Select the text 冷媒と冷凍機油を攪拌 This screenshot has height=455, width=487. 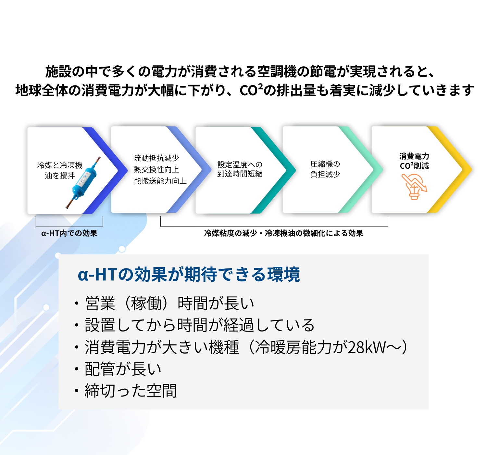click(60, 170)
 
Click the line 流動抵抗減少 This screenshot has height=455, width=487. click(156, 158)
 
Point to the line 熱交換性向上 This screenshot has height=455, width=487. click(156, 170)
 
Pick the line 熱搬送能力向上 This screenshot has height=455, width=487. click(160, 181)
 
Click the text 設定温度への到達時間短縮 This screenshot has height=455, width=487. click(240, 169)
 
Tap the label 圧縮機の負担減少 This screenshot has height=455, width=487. click(325, 169)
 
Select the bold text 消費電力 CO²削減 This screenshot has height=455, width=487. click(414, 161)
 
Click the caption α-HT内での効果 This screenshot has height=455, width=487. click(69, 233)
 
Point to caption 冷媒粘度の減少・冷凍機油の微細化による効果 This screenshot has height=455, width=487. click(283, 233)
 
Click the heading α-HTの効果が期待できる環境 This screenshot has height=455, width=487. click(189, 275)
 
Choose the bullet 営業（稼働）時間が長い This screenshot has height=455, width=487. click(169, 304)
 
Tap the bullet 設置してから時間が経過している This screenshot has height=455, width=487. click(199, 325)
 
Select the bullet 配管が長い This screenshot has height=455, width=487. click(123, 369)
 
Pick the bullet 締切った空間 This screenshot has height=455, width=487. click(131, 391)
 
